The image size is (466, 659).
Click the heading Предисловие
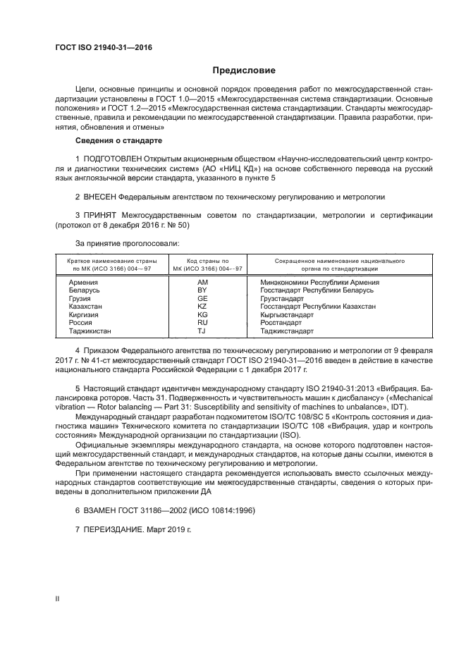point(245,70)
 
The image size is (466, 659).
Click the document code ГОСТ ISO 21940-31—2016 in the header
point(104,48)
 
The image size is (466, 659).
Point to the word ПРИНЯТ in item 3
point(99,214)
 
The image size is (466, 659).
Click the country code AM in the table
point(202,282)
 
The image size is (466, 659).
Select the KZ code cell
point(202,307)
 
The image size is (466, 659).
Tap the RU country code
point(202,323)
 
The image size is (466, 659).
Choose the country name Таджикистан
point(90,331)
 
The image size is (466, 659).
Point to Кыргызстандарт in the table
point(288,314)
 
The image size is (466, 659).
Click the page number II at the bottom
point(58,598)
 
